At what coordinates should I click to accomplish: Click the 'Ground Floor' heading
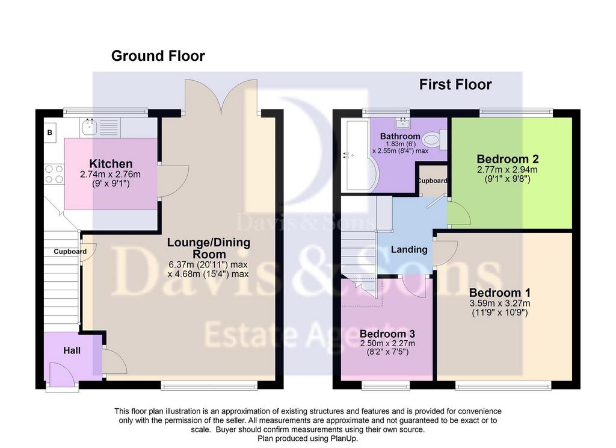point(158,56)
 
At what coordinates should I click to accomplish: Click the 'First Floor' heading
point(455,84)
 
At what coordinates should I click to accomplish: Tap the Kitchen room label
point(111,164)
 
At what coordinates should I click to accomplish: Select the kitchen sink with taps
point(90,126)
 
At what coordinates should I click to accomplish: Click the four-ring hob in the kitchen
point(54,174)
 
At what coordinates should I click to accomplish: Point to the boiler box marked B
point(50,132)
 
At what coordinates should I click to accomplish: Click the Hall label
point(72,350)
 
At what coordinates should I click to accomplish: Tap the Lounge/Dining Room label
point(209,248)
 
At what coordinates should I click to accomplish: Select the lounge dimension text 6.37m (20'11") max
point(208,264)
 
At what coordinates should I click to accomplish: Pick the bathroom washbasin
point(403,123)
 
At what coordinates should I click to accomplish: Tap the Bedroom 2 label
point(508,159)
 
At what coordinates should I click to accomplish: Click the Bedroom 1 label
point(500,293)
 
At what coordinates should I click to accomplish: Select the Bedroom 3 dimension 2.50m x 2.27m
point(387,343)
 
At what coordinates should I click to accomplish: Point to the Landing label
point(409,249)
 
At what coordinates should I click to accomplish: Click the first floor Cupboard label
point(433,181)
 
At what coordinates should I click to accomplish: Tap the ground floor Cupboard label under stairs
point(70,251)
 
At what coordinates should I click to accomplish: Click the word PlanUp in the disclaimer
point(343,438)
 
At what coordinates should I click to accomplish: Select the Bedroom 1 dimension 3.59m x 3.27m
point(500,303)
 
